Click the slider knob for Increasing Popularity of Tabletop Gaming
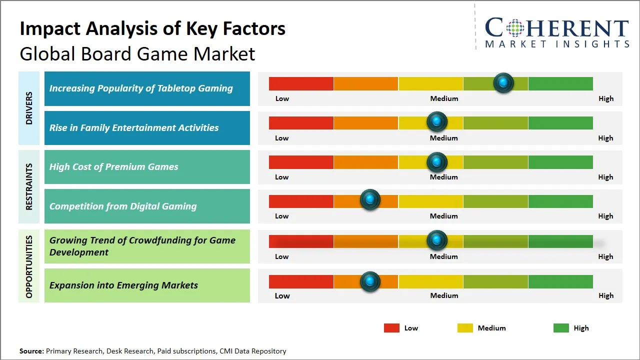503,82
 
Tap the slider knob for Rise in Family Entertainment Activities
437,121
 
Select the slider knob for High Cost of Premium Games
437,162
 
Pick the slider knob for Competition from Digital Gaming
370,200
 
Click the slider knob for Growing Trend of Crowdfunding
437,240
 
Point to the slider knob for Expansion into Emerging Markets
370,281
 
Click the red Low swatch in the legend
391,328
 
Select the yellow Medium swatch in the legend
465,328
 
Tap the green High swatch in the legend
561,328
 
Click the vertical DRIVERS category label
29,108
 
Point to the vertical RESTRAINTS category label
29,186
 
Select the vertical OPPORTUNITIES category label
29,266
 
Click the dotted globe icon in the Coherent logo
515,28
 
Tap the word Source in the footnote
31,351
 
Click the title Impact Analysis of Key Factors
152,28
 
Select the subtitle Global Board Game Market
137,53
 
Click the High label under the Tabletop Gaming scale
605,98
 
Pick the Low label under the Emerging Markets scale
282,295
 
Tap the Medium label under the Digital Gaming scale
444,216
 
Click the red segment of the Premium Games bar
301,162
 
